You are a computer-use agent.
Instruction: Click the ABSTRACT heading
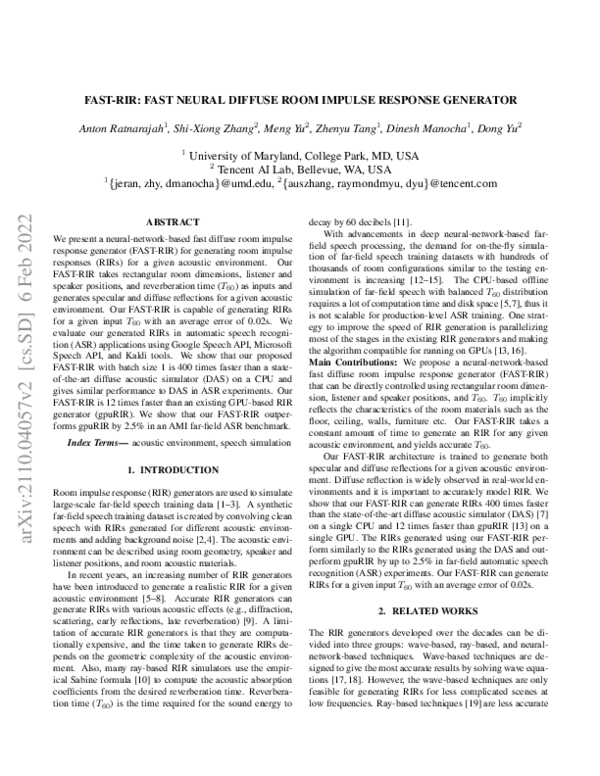pyautogui.click(x=172, y=221)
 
